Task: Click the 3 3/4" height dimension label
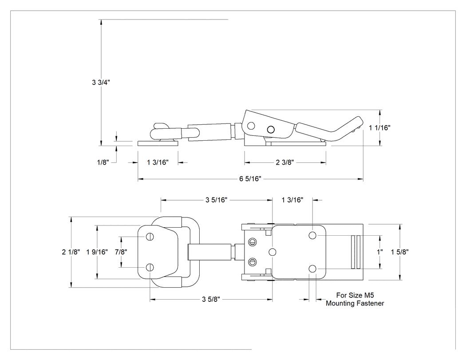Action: point(101,83)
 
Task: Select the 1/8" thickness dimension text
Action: point(103,162)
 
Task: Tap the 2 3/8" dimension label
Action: point(285,162)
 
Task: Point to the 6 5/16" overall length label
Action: point(250,178)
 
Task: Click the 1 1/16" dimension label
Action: point(379,128)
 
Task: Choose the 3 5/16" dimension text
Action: point(217,200)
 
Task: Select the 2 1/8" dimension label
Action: point(71,252)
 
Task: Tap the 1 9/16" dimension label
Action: point(97,252)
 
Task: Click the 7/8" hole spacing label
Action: point(121,252)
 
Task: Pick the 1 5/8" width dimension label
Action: point(400,252)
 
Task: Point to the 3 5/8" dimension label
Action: point(211,299)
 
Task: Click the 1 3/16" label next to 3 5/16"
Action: point(292,200)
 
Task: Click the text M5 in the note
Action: point(369,295)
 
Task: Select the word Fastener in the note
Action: point(371,303)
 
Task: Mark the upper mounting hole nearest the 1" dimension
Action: point(312,235)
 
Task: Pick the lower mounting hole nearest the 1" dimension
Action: point(312,269)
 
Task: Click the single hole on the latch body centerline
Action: point(272,253)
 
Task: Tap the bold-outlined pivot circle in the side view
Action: point(271,130)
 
